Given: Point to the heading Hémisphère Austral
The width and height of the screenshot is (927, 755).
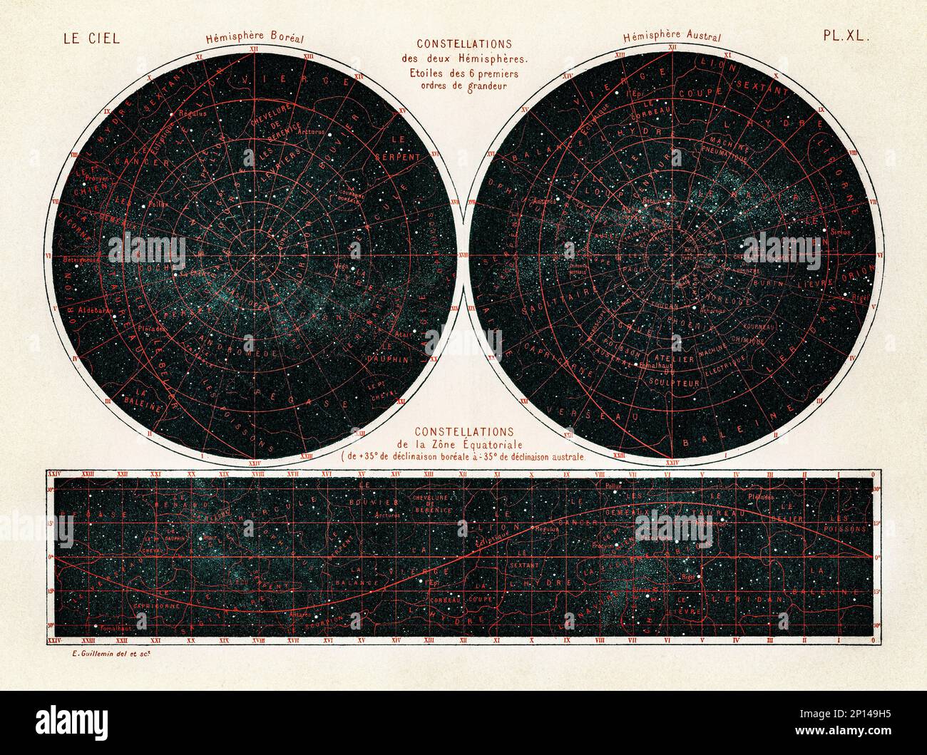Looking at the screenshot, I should [x=672, y=37].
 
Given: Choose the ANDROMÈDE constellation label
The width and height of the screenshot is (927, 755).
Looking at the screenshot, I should [x=230, y=354].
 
